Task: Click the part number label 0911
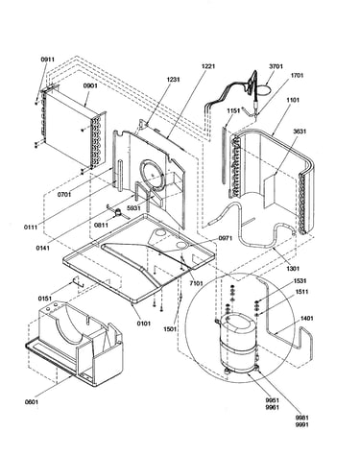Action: pos(48,60)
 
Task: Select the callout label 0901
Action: pos(90,85)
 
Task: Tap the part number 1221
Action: pos(208,66)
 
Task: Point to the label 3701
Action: pos(276,66)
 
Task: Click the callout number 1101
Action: pos(293,100)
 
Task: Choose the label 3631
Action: pos(300,132)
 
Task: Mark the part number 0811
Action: pos(101,226)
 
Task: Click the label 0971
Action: pos(226,238)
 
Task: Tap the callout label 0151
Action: pos(45,299)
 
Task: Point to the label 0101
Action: pos(144,324)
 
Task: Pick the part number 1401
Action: pos(306,319)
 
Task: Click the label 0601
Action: pos(32,402)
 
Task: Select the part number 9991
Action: pos(302,424)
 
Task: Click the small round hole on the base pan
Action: pos(180,246)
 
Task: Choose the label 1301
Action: pos(293,268)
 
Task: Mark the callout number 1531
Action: pos(300,281)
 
